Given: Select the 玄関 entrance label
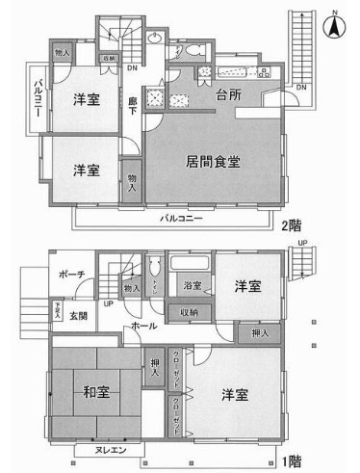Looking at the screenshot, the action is [x=77, y=316].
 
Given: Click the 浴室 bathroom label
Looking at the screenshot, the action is [x=192, y=287].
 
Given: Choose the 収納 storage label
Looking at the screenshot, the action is [x=189, y=312].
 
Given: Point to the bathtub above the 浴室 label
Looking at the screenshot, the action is [x=191, y=265].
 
